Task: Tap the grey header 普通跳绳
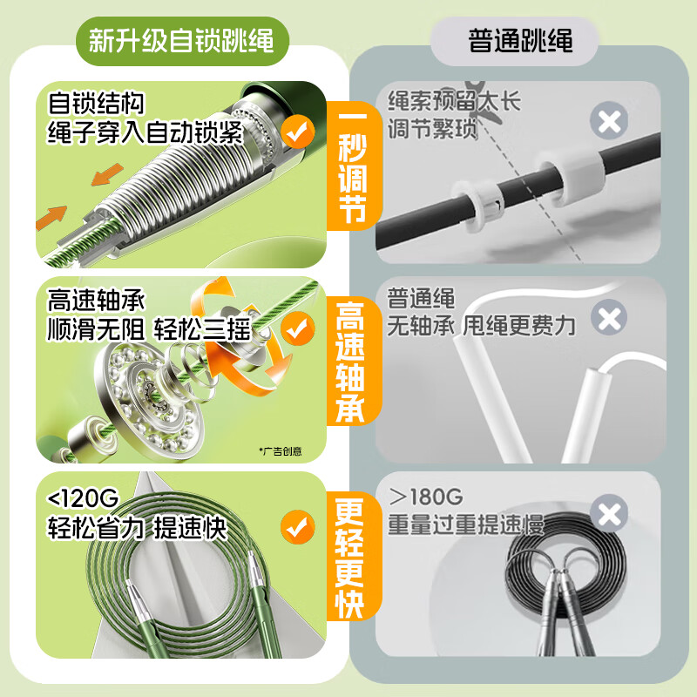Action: tap(520, 40)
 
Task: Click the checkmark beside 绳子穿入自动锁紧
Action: tap(298, 132)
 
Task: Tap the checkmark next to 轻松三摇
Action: tap(298, 329)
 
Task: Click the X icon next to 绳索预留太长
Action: tap(608, 120)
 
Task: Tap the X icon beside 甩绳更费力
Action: tap(608, 317)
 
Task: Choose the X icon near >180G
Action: tap(608, 514)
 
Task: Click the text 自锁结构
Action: tap(96, 105)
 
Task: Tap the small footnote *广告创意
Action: tap(281, 450)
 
